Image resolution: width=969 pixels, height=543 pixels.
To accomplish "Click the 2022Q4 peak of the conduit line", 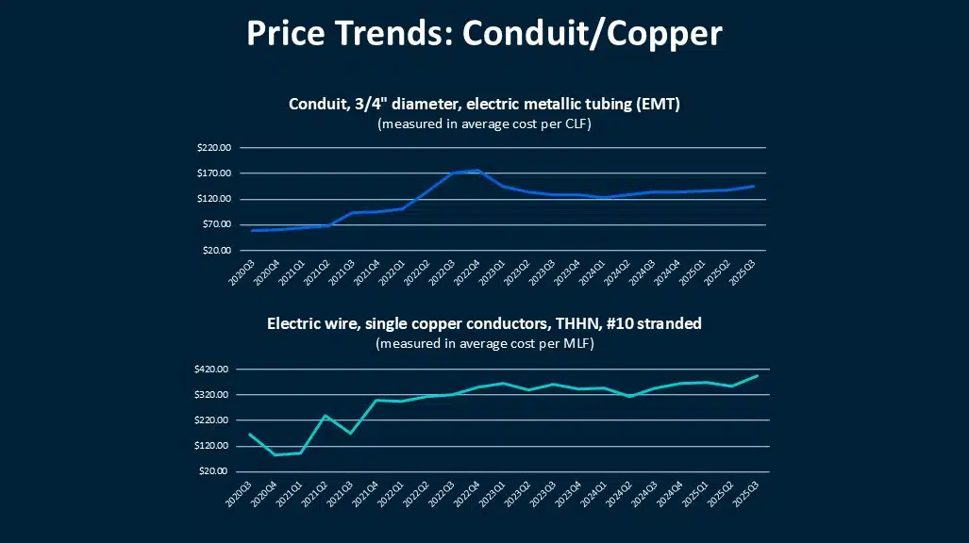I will pos(478,171).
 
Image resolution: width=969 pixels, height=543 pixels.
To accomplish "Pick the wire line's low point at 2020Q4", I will pos(275,455).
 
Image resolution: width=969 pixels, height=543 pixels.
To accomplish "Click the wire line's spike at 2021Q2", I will pos(326,416).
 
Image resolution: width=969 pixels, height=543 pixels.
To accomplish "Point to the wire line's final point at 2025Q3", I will pos(758,375).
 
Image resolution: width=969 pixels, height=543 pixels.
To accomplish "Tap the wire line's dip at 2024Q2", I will pos(630,396).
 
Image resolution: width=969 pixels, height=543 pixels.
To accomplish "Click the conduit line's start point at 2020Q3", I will pos(251,230).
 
